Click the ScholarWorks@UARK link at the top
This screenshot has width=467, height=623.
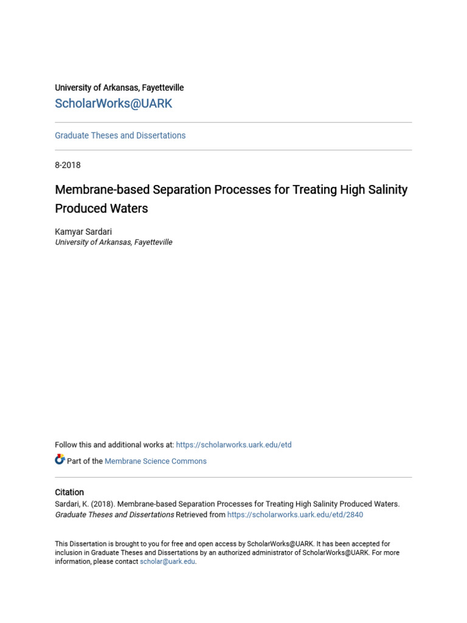pos(114,103)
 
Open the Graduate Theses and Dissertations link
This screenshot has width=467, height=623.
pos(120,136)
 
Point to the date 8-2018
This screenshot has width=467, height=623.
pos(67,165)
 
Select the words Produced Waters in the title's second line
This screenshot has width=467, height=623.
pos(102,209)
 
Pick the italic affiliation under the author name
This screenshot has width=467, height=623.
pos(114,242)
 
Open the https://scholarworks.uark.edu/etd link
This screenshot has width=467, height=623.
pos(233,445)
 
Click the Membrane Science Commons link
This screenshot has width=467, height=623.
pos(156,461)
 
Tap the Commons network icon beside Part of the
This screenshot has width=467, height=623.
pos(60,460)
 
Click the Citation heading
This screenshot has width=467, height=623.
pos(69,492)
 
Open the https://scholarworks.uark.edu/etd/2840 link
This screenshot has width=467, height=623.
pos(295,515)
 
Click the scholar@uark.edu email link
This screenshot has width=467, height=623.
pos(167,562)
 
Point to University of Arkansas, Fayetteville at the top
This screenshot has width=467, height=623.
pos(119,88)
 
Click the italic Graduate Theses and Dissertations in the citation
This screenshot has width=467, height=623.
pos(114,515)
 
